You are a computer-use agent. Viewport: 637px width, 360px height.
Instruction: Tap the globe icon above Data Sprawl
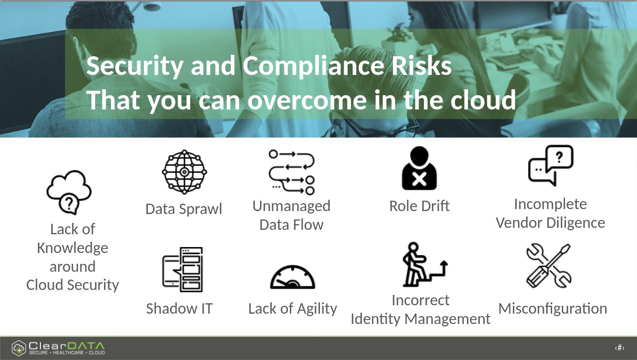coord(184,172)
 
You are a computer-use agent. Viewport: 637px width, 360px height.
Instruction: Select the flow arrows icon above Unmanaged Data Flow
coord(292,172)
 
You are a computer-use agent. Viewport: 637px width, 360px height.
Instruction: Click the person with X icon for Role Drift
coord(419,168)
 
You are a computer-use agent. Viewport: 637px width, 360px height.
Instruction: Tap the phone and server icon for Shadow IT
coord(182,270)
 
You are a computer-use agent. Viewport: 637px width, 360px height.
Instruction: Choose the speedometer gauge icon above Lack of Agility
coord(293,277)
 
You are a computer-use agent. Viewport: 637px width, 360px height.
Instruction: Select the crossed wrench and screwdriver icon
coord(549,266)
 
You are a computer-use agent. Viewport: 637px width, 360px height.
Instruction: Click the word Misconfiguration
coord(553,309)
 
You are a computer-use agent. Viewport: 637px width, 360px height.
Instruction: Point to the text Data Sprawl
coord(184,209)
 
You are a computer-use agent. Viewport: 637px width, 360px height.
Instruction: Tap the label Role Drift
coord(420,206)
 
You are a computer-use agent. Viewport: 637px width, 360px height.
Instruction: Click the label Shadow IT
coord(179,309)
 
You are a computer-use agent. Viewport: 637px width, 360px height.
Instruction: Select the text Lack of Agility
coord(293,309)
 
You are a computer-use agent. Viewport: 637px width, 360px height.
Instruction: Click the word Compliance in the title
coord(313,66)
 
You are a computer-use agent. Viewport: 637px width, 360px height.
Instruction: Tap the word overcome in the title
coord(307,100)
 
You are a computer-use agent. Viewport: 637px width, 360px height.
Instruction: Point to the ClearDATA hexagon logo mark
coord(19,348)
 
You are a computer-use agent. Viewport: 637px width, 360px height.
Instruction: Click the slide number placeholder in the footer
coord(619,348)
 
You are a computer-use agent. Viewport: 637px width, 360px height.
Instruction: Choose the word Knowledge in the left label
coord(72,248)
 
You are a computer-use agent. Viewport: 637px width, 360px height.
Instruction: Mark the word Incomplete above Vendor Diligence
coord(551,204)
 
